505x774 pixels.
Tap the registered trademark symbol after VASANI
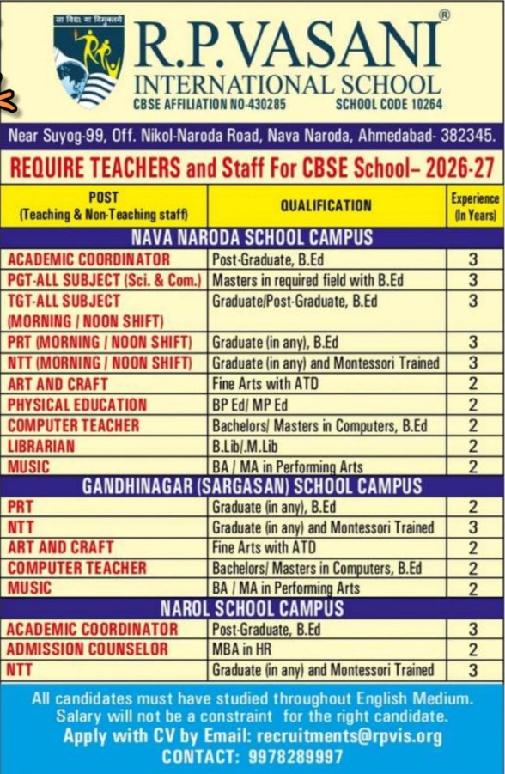443,15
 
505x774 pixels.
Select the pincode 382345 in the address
465,135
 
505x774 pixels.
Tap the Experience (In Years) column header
474,205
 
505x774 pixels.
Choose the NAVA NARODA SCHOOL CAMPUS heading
252,238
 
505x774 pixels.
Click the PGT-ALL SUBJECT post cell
104,280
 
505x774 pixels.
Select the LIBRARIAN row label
41,446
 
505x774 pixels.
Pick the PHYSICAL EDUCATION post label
77,405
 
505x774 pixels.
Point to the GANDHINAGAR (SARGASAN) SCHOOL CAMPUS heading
252,486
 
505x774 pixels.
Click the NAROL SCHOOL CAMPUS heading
252,609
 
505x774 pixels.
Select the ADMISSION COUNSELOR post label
88,649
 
